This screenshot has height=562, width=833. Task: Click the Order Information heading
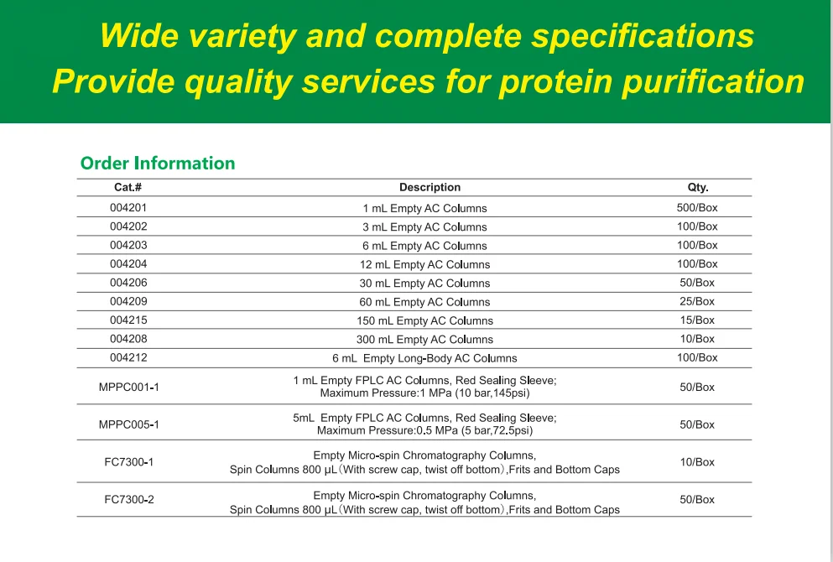tap(158, 163)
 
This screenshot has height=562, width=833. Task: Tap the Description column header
tap(430, 188)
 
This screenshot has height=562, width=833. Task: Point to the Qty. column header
tap(697, 188)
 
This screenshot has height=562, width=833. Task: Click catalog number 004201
tap(128, 207)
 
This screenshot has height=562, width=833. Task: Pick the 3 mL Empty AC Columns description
tap(424, 227)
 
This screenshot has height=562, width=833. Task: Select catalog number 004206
tap(128, 283)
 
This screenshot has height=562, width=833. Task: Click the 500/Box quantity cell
tap(697, 207)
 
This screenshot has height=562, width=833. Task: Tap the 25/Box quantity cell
tap(697, 301)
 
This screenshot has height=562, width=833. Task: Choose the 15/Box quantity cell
tap(697, 320)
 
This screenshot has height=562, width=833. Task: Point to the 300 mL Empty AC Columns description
tap(424, 340)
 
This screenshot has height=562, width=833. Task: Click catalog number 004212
tap(128, 357)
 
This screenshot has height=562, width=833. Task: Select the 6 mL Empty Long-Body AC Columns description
tap(424, 358)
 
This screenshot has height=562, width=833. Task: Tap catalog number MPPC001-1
tap(128, 388)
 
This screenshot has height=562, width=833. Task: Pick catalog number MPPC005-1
tap(128, 424)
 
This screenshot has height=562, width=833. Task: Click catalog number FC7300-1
tap(128, 462)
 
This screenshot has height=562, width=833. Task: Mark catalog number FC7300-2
tap(128, 500)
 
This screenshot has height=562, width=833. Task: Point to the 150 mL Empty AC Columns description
tap(424, 320)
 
